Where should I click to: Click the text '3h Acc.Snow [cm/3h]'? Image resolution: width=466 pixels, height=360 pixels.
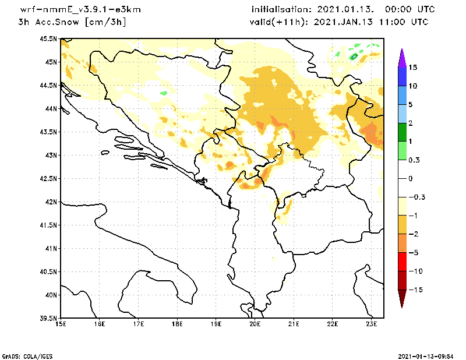coord(72,22)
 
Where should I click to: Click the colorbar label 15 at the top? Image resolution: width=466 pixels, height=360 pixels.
coord(412,68)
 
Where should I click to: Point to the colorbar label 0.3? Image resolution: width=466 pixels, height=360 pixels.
coord(414,160)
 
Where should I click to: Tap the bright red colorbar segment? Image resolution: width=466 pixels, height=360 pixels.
coord(401,262)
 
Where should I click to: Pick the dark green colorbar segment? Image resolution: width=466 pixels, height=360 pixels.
coord(401,132)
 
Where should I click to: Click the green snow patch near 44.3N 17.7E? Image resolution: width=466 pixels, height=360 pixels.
coord(164,93)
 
